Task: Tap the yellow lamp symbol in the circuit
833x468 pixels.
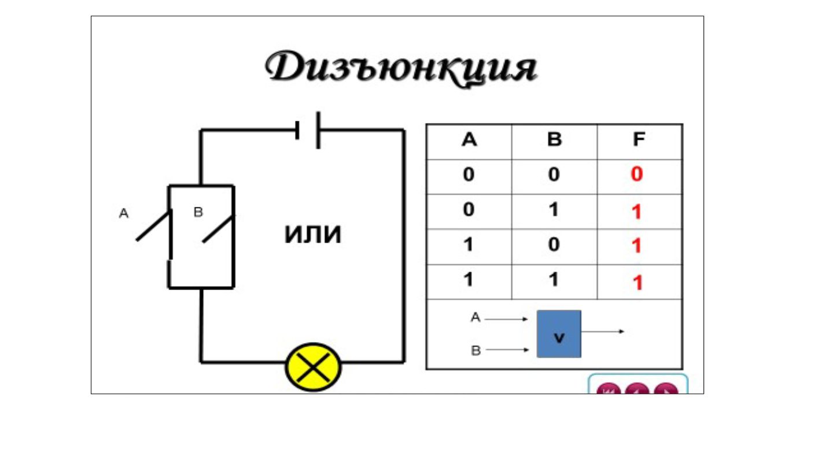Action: pyautogui.click(x=314, y=367)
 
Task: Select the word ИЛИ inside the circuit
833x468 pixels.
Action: pyautogui.click(x=313, y=235)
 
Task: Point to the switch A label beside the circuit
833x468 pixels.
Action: pyautogui.click(x=123, y=214)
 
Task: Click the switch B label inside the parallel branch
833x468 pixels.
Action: pyautogui.click(x=198, y=213)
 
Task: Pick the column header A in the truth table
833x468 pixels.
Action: pyautogui.click(x=469, y=141)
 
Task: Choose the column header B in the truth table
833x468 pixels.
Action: pyautogui.click(x=554, y=141)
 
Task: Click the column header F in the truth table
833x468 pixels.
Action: pyautogui.click(x=639, y=141)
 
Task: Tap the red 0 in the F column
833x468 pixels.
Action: pyautogui.click(x=637, y=175)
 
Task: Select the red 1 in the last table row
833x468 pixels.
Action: pyautogui.click(x=637, y=283)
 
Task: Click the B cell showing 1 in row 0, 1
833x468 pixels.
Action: pyautogui.click(x=554, y=210)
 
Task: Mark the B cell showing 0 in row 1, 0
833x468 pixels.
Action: pyautogui.click(x=554, y=245)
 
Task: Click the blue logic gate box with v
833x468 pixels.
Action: pyautogui.click(x=559, y=334)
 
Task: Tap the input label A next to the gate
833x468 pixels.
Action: pyautogui.click(x=476, y=317)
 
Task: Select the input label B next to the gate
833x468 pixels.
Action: pyautogui.click(x=476, y=351)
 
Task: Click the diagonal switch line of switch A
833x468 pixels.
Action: pyautogui.click(x=154, y=226)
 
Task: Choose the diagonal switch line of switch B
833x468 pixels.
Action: pyautogui.click(x=219, y=229)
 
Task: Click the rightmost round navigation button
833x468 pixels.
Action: pyautogui.click(x=666, y=391)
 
